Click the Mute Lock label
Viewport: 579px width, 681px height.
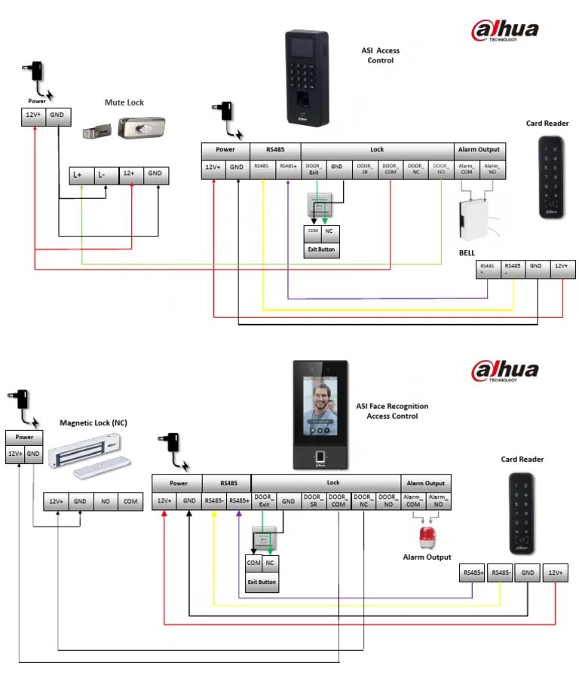coord(124,102)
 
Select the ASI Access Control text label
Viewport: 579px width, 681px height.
coord(380,56)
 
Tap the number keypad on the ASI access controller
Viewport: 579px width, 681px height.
coord(306,80)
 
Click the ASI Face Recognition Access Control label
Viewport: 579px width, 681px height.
coord(392,411)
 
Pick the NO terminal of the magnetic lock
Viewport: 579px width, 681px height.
coord(105,502)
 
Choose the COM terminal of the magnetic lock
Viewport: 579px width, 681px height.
coord(130,502)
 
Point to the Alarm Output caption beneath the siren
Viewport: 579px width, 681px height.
coord(427,557)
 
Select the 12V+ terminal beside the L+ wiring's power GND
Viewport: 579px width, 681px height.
coord(32,116)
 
